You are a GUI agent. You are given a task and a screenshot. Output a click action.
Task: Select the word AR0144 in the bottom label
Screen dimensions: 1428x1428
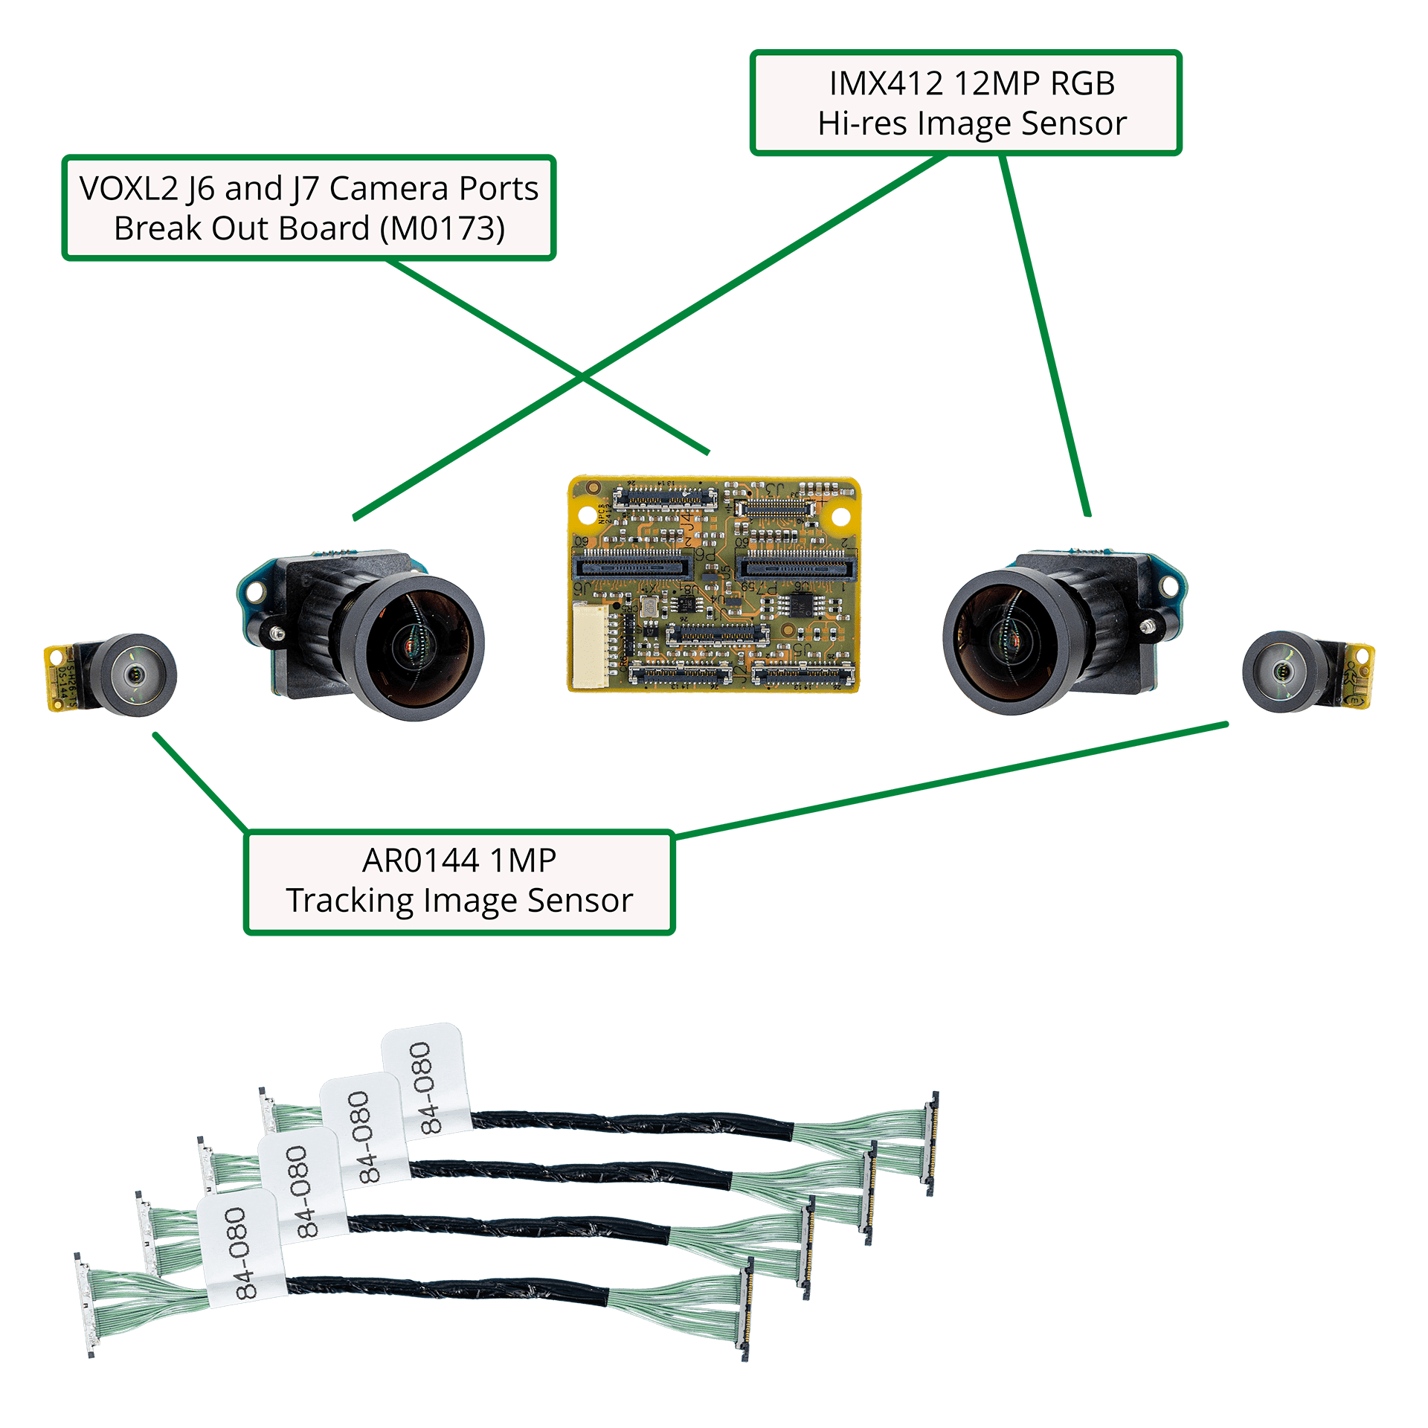(x=420, y=861)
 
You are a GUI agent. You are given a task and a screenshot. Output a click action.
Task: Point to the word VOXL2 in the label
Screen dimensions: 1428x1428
(x=128, y=189)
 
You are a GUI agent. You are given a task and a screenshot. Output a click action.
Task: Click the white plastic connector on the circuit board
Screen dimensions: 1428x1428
(x=591, y=646)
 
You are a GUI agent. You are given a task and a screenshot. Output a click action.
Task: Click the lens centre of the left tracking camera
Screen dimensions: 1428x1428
(x=134, y=675)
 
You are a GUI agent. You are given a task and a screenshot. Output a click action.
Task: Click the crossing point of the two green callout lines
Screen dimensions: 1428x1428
(x=582, y=379)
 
